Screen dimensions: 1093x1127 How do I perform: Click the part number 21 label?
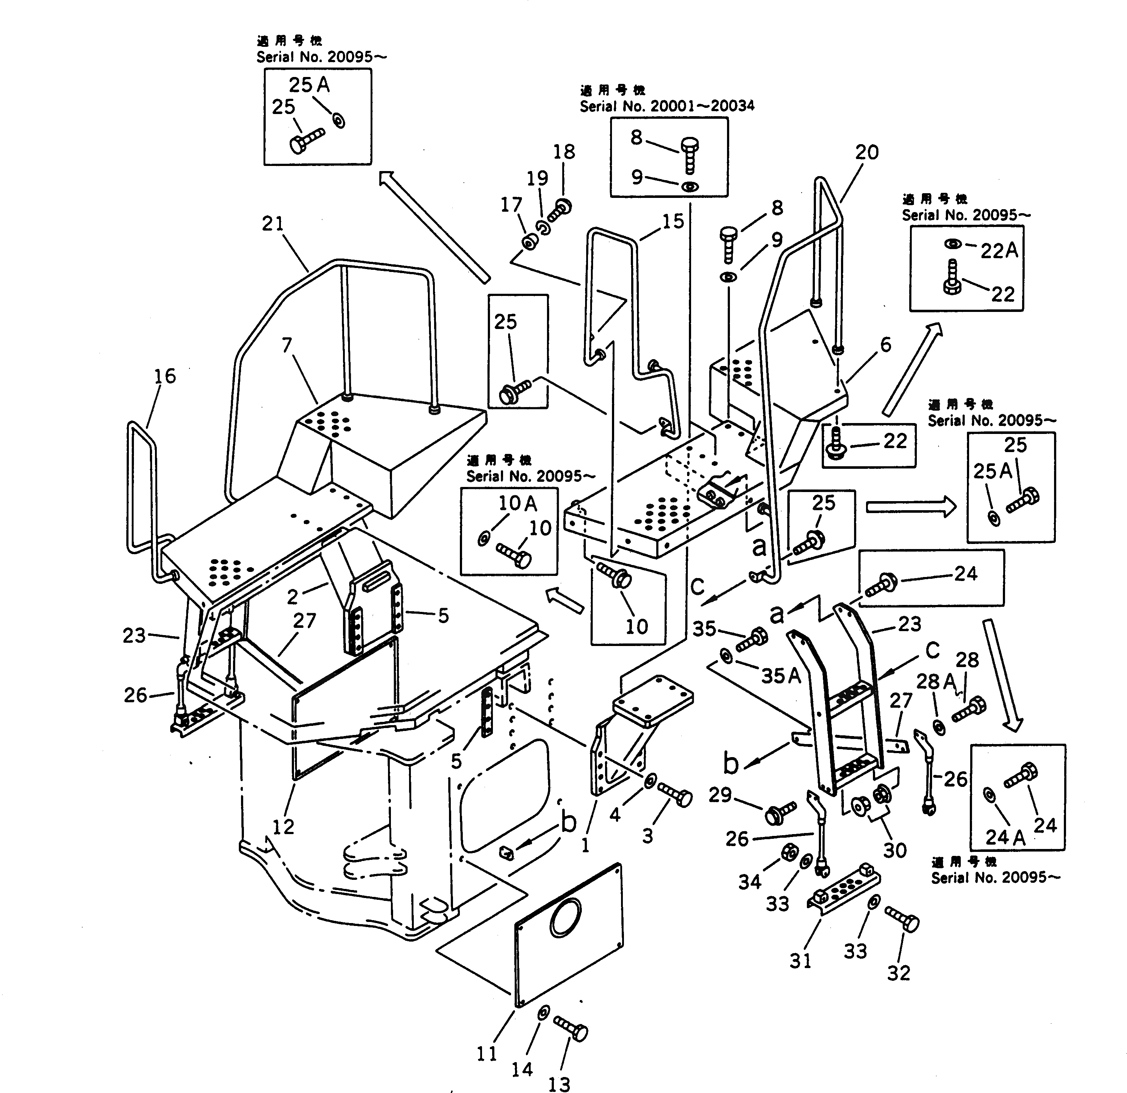273,224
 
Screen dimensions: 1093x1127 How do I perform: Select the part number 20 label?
866,153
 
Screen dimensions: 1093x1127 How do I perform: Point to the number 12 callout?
283,827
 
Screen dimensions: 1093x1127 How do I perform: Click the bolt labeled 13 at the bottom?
571,1028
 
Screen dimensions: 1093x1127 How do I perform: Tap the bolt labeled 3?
675,795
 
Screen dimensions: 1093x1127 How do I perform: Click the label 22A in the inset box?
999,251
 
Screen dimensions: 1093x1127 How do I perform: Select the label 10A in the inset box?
518,503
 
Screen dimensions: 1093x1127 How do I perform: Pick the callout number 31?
800,960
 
